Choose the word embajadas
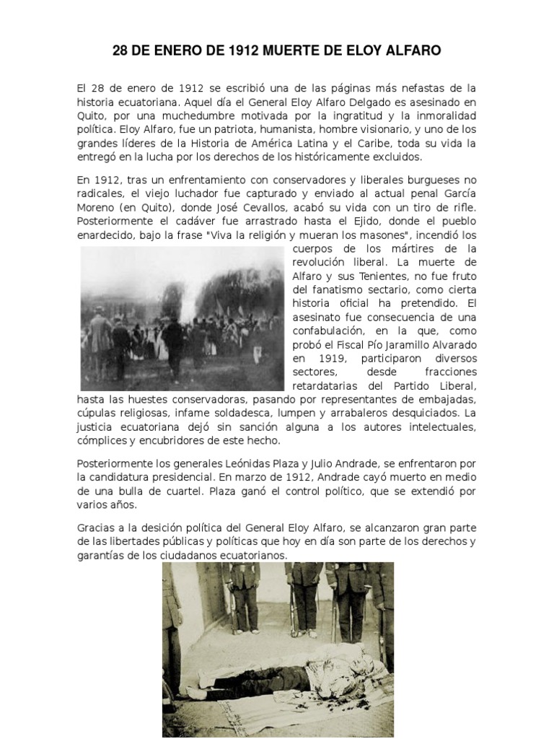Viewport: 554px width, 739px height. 443,399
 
